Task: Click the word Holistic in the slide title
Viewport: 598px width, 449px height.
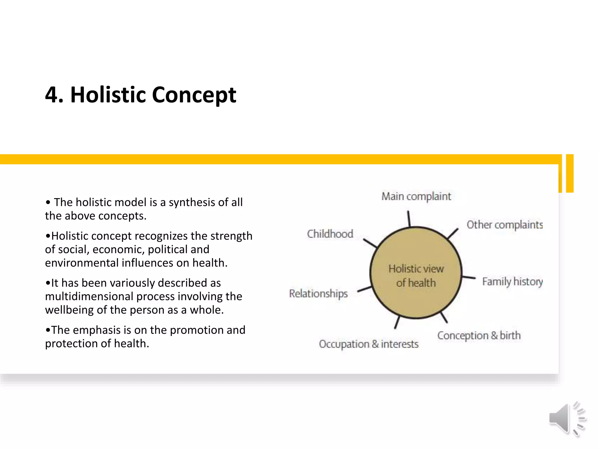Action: tap(108, 95)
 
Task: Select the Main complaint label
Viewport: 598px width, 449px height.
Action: tap(416, 196)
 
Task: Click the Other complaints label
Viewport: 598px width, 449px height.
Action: tap(505, 225)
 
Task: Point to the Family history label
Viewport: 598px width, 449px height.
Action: tap(512, 282)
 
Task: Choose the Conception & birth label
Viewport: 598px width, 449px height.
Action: tap(479, 335)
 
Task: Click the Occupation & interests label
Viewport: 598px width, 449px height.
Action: tap(368, 344)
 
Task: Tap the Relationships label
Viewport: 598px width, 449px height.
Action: tap(318, 293)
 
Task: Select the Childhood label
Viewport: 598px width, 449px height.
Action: tap(330, 234)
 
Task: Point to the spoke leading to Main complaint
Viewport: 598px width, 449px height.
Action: tap(409, 219)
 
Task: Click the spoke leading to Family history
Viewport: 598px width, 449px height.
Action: tap(469, 277)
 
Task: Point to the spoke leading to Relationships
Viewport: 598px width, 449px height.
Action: tap(364, 289)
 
